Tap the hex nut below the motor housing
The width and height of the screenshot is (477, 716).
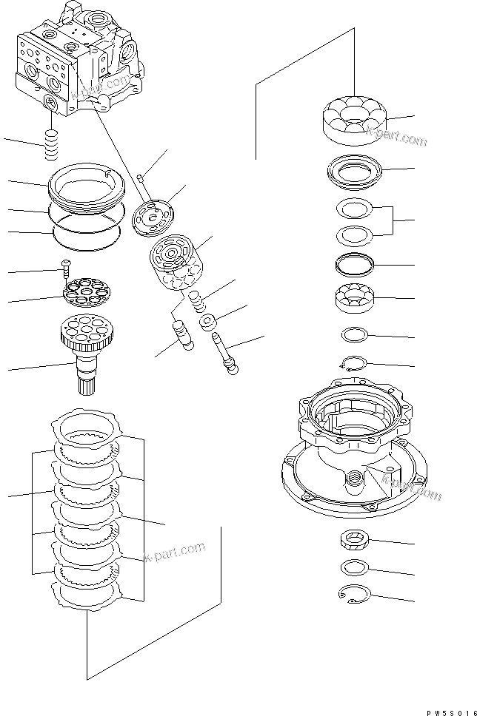pos(355,541)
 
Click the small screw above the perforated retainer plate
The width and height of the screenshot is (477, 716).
pos(64,264)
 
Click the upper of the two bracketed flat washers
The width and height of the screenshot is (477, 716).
pos(355,209)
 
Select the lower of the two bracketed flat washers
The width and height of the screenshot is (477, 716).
pos(355,236)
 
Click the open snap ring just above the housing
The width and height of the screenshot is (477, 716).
pos(355,362)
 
